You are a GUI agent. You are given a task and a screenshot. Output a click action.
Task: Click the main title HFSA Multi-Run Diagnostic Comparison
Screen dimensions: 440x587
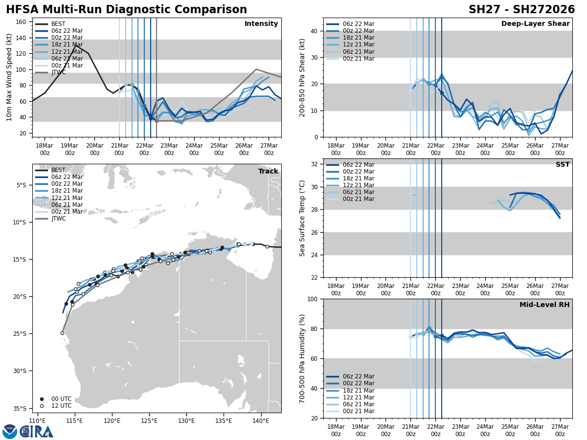[x=126, y=10]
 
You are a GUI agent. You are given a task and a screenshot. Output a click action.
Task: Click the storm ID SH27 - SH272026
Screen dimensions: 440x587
[x=521, y=10]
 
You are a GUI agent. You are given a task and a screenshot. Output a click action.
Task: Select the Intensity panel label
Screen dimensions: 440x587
[x=261, y=24]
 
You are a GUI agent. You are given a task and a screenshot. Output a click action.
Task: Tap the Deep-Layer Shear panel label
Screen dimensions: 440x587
[x=535, y=24]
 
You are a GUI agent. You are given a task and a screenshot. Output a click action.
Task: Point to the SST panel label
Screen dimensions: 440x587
[x=562, y=165]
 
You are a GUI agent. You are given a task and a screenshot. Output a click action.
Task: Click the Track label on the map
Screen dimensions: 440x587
[x=268, y=172]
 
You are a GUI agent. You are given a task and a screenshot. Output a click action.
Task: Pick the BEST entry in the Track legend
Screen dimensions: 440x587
[x=58, y=170]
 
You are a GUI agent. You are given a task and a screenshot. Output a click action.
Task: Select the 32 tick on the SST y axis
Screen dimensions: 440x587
[x=315, y=164]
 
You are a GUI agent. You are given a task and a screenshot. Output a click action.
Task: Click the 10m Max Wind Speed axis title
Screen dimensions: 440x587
[x=9, y=77]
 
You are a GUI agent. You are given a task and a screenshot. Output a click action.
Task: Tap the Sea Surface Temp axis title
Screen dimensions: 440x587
[x=302, y=218]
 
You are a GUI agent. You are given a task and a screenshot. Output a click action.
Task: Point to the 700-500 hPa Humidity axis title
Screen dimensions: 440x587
[x=302, y=358]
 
